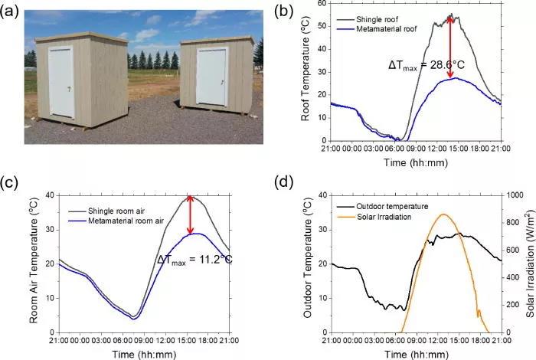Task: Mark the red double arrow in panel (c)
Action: (x=191, y=216)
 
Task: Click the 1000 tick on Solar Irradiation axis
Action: (x=513, y=196)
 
